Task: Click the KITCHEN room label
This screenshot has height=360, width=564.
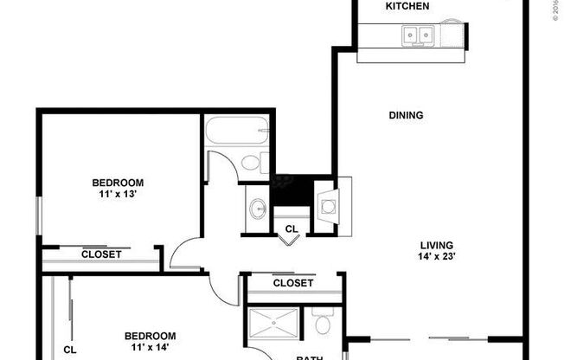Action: click(407, 7)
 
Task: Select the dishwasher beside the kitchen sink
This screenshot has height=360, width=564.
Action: click(451, 35)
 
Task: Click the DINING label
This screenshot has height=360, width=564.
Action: click(406, 115)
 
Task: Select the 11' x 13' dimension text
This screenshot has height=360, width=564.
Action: click(118, 195)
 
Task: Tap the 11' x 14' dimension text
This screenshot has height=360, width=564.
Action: click(150, 348)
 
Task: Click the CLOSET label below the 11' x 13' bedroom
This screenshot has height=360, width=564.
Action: click(101, 254)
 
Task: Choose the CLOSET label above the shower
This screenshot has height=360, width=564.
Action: click(292, 283)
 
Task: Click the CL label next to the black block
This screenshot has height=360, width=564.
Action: click(292, 229)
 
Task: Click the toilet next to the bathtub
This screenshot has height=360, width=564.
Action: click(253, 162)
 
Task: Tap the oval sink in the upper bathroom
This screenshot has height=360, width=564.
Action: click(258, 209)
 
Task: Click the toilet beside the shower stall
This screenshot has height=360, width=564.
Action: click(324, 324)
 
